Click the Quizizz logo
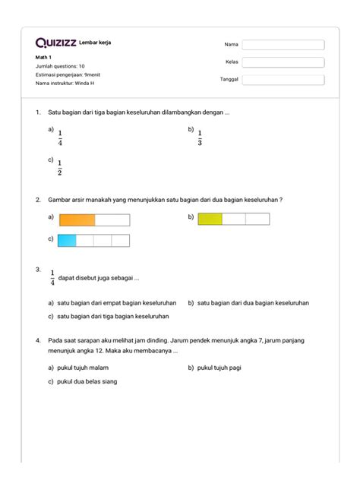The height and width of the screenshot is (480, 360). (55, 43)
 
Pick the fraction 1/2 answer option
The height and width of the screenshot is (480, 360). (60, 166)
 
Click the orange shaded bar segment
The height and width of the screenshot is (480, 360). (77, 220)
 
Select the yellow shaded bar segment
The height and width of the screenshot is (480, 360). (210, 219)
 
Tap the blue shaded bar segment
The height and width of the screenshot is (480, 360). (68, 241)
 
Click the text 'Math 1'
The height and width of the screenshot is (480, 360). (45, 58)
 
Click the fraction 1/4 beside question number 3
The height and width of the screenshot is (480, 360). (52, 277)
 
